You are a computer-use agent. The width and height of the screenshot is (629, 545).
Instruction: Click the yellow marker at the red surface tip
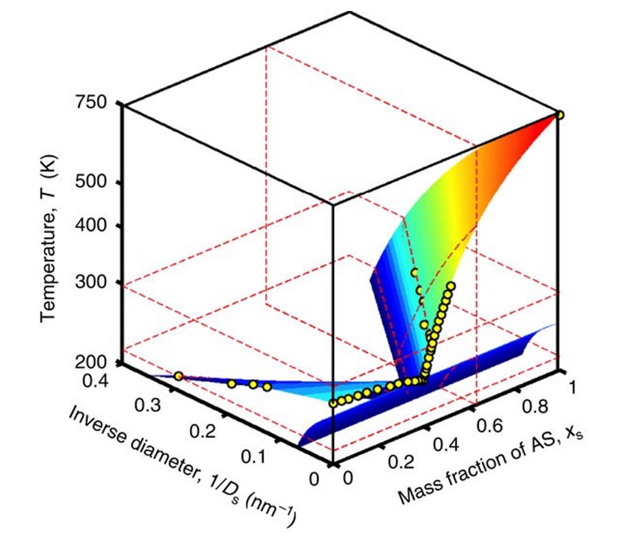(x=559, y=115)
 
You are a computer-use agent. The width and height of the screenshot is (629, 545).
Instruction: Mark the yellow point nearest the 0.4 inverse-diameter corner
(x=178, y=376)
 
